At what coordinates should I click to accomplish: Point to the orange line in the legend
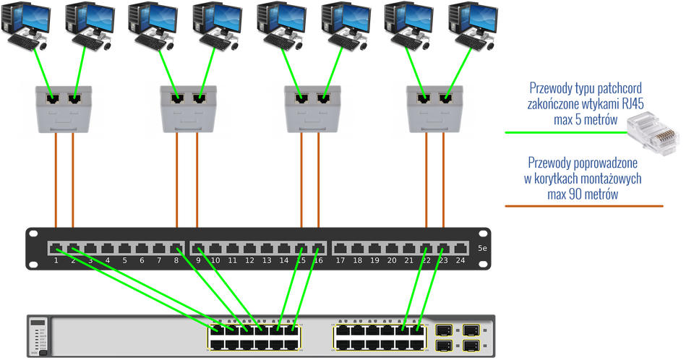pos(583,206)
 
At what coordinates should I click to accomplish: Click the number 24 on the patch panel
pos(460,260)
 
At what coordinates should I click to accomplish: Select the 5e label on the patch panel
pos(482,249)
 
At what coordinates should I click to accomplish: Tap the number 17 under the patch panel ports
pos(340,260)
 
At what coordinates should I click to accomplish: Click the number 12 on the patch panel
pos(249,260)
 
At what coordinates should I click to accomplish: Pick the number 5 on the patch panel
pos(124,260)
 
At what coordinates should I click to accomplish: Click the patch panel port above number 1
pos(56,248)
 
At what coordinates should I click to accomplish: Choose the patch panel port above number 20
pos(391,248)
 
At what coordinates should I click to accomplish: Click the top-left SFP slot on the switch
pos(443,330)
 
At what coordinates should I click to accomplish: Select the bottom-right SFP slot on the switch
pos(470,346)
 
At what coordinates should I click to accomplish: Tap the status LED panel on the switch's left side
pos(38,337)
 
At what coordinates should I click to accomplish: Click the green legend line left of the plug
pos(564,132)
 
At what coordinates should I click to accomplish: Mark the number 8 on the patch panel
pos(176,260)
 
